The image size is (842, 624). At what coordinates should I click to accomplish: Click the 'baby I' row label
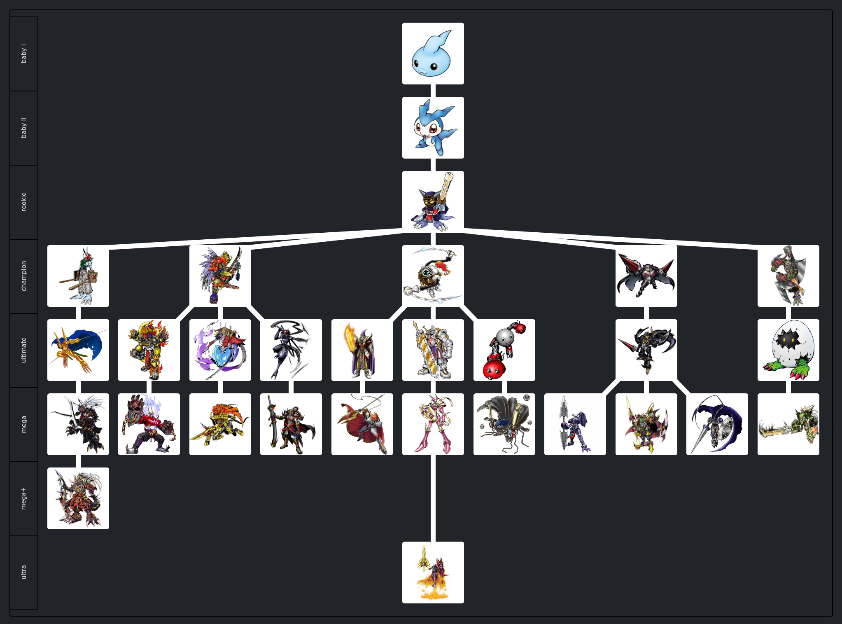[24, 54]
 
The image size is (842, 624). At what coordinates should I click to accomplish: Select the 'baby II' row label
[24, 128]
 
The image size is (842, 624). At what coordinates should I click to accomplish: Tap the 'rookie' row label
[24, 202]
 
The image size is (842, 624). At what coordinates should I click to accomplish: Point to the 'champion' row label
[24, 276]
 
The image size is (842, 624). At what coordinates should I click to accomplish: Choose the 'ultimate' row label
[24, 350]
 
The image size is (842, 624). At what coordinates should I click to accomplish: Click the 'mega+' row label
[24, 498]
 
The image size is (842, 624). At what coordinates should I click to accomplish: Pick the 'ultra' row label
[24, 572]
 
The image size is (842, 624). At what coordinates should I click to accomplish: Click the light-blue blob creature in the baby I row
[433, 54]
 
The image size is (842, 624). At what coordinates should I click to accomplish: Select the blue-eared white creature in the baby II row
[433, 128]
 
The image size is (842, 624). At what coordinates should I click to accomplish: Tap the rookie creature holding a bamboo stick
[433, 202]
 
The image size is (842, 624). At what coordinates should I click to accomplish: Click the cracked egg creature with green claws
[788, 350]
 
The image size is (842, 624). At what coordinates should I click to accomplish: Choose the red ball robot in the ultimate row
[504, 350]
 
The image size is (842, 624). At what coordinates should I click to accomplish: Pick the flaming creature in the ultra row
[433, 573]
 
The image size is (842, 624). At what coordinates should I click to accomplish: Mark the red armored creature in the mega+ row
[78, 498]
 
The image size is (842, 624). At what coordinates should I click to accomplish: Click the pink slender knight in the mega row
[433, 424]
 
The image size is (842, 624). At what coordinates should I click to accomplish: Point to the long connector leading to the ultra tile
[433, 498]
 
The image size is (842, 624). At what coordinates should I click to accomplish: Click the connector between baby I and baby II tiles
[433, 91]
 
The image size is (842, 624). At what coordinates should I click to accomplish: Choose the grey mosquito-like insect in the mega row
[504, 424]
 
